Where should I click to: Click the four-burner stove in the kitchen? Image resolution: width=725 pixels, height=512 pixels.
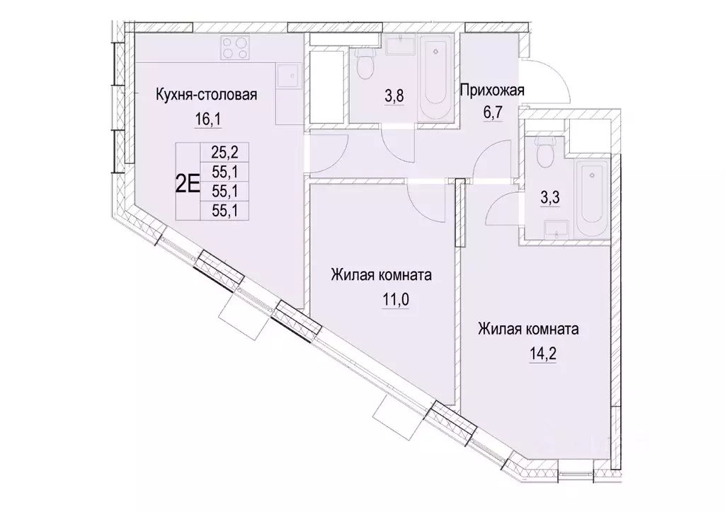(x=235, y=47)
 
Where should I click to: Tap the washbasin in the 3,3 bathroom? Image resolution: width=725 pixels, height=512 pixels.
(x=556, y=227)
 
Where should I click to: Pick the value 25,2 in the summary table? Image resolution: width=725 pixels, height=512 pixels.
(x=222, y=151)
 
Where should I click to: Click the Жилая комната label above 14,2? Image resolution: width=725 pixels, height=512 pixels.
(x=529, y=329)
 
